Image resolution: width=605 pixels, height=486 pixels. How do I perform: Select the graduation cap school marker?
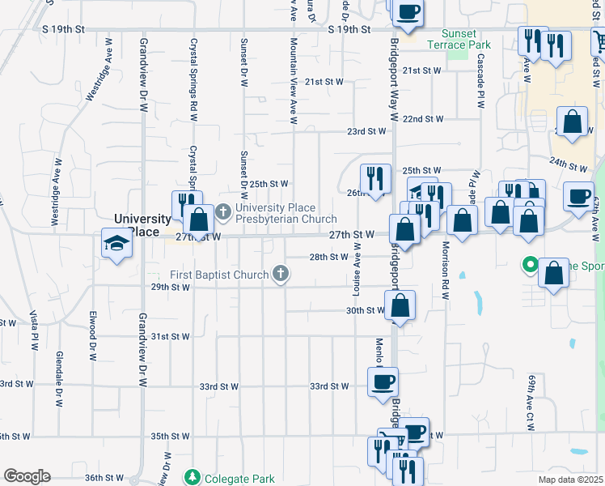coord(116,242)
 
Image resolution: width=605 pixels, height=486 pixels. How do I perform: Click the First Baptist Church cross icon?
coord(281,274)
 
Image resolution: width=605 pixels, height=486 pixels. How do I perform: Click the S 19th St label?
coord(349,29)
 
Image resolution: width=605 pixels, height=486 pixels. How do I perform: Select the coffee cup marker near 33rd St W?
coord(383,382)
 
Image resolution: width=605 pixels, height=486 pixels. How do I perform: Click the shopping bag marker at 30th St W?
coord(400,306)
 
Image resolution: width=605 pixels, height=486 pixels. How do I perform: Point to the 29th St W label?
coord(170,287)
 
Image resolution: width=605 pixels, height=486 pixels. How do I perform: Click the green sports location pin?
coord(530,265)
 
